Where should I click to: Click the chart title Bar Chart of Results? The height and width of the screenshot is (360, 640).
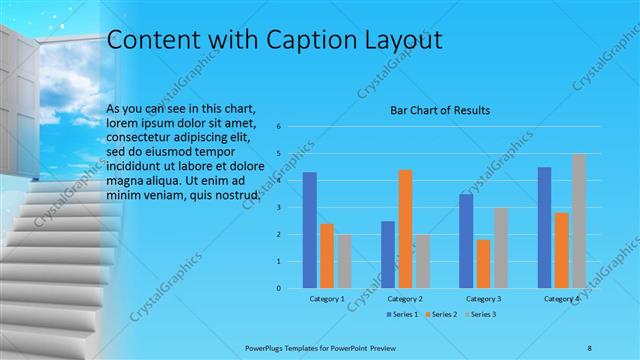pyautogui.click(x=439, y=110)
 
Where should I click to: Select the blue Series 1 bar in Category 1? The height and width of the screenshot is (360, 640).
pyautogui.click(x=310, y=230)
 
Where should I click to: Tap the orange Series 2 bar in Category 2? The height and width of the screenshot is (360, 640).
pyautogui.click(x=405, y=229)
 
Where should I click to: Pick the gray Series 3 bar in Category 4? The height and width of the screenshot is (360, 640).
pyautogui.click(x=579, y=221)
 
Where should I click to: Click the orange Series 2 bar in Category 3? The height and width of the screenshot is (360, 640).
pyautogui.click(x=484, y=264)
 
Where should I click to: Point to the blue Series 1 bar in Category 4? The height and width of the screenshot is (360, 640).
pyautogui.click(x=545, y=227)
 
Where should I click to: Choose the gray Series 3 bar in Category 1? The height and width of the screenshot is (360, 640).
pyautogui.click(x=344, y=261)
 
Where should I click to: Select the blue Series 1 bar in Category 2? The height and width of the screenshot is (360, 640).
pyautogui.click(x=388, y=254)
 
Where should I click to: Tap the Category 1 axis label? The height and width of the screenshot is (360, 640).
pyautogui.click(x=327, y=299)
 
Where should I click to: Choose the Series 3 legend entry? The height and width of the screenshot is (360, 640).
pyautogui.click(x=480, y=314)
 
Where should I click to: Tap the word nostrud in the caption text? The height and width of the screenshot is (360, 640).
pyautogui.click(x=238, y=195)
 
